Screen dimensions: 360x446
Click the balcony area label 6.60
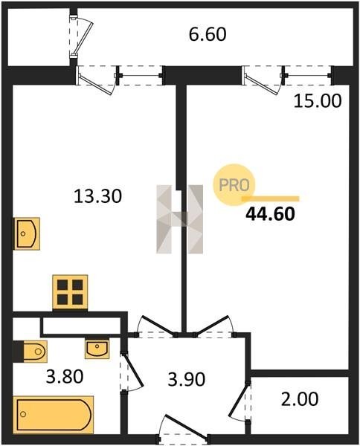pyautogui.click(x=208, y=34)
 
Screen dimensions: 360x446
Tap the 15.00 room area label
pyautogui.click(x=318, y=101)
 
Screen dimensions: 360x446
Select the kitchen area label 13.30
pyautogui.click(x=97, y=196)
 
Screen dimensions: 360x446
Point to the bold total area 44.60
pyautogui.click(x=270, y=214)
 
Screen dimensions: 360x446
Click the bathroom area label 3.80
pyautogui.click(x=65, y=376)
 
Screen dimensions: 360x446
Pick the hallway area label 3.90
pyautogui.click(x=187, y=379)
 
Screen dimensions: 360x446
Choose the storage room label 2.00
pyautogui.click(x=300, y=398)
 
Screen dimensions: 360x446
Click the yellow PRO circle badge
pyautogui.click(x=234, y=184)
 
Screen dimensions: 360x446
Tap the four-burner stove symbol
pyautogui.click(x=70, y=292)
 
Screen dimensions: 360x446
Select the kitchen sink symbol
pyautogui.click(x=27, y=233)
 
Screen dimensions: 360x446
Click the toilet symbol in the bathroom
pyautogui.click(x=33, y=352)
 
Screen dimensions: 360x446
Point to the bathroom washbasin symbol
pyautogui.click(x=97, y=349)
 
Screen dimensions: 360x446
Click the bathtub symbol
pyautogui.click(x=54, y=415)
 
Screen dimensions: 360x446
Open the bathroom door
pyautogui.click(x=132, y=372)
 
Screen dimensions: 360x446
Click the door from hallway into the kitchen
pyautogui.click(x=156, y=326)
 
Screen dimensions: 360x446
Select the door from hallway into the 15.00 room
pyautogui.click(x=214, y=326)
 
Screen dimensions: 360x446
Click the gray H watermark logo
pyautogui.click(x=179, y=219)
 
